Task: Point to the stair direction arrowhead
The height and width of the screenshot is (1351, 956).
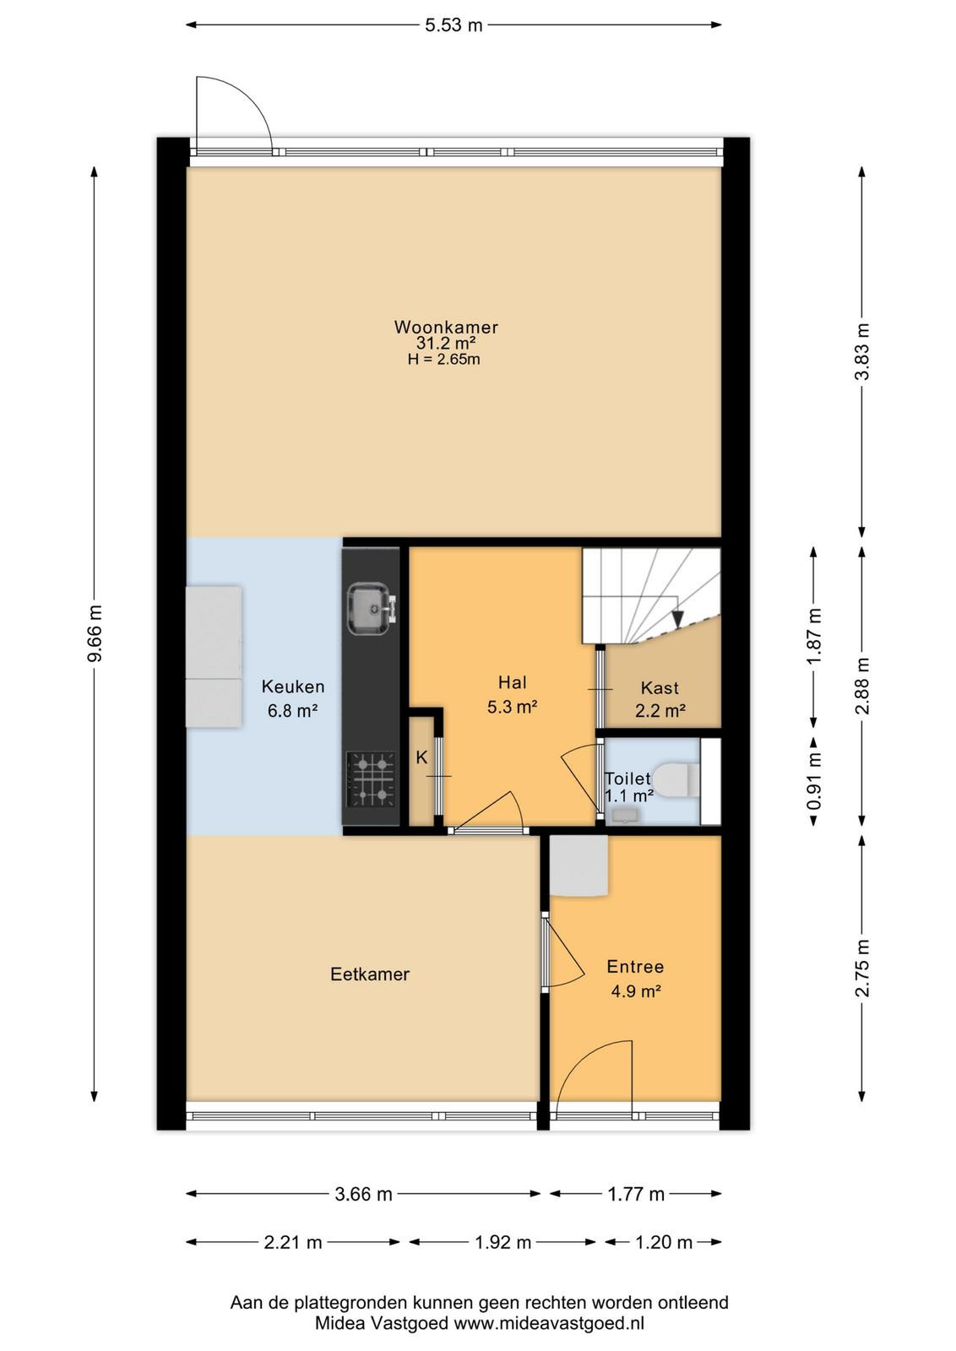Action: (x=678, y=619)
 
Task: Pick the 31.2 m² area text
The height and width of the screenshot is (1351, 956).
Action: (x=447, y=343)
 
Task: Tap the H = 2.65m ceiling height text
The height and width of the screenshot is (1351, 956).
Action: (x=444, y=360)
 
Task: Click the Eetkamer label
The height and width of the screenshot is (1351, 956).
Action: (x=370, y=974)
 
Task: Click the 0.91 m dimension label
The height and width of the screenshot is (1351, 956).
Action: (x=815, y=782)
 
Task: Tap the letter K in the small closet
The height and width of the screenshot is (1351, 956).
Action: (x=421, y=757)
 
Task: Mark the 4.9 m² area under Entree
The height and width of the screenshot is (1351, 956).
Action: (x=636, y=990)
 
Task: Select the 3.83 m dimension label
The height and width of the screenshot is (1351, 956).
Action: (x=864, y=351)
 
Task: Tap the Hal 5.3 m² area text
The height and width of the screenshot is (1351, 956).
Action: (x=512, y=706)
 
